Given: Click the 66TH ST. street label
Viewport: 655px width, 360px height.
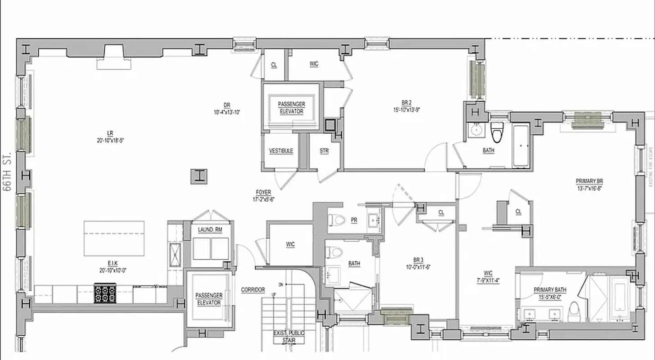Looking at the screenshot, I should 7,172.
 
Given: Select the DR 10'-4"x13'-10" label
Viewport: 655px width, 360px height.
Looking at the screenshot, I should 226,108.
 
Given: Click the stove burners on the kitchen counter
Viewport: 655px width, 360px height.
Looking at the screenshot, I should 105,294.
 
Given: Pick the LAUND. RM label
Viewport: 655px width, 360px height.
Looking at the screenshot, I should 210,230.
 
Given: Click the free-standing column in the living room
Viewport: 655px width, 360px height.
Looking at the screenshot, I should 199,175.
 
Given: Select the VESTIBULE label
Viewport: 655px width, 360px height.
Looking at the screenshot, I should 281,151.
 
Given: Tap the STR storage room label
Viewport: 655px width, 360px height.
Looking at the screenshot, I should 324,151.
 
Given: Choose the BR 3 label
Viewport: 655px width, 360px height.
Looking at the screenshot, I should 418,263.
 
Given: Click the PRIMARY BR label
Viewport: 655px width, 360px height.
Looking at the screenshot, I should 589,184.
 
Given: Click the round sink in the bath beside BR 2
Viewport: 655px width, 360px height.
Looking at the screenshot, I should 475,130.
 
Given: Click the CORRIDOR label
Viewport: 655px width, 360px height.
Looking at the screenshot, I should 253,290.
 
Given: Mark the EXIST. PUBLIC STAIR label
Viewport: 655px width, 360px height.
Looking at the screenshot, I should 289,337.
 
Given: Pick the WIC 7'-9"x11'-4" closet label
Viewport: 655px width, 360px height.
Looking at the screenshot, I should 488,276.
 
